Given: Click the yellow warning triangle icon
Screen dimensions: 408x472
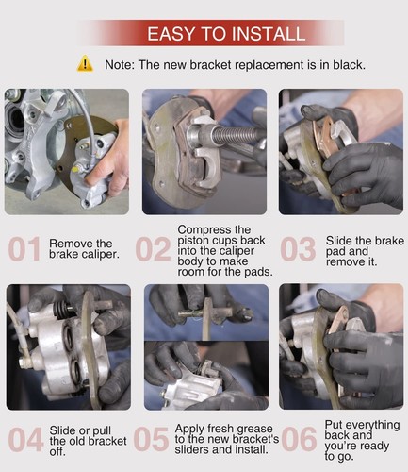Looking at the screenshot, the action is (x=85, y=64).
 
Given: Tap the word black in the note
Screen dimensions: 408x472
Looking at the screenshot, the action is (x=349, y=65).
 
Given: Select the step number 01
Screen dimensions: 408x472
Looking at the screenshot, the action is (x=24, y=249).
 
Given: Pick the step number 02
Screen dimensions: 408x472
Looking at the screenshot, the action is (x=153, y=249).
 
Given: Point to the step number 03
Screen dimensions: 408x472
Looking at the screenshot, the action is (x=298, y=249).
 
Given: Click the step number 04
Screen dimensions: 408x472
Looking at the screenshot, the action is (x=25, y=439).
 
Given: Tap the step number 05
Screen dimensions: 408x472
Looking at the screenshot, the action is (x=151, y=439).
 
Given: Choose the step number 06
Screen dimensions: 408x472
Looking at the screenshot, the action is (x=299, y=439).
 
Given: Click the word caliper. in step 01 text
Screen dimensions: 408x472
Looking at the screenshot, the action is (x=100, y=254).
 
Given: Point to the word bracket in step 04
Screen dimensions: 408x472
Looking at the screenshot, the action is (x=108, y=441).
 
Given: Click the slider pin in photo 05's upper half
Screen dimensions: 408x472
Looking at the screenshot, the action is (x=205, y=312).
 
